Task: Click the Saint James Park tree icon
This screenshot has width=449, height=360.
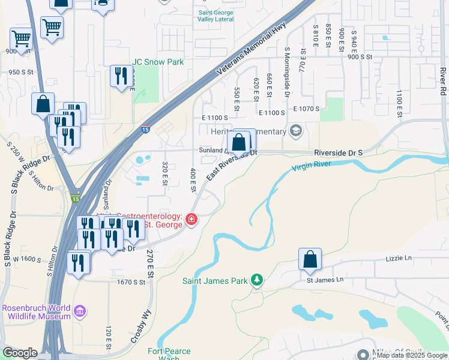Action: click(257, 280)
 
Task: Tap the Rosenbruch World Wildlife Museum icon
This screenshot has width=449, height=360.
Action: click(79, 311)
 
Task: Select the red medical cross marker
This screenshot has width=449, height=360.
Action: click(191, 220)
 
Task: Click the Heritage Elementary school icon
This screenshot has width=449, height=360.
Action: click(295, 130)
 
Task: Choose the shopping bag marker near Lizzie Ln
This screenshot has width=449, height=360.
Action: click(310, 260)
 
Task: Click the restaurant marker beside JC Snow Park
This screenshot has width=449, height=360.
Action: click(121, 76)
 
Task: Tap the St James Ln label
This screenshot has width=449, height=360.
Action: click(325, 279)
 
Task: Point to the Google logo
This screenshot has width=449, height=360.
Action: click(20, 353)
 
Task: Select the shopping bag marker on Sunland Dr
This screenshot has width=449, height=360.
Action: click(239, 143)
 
